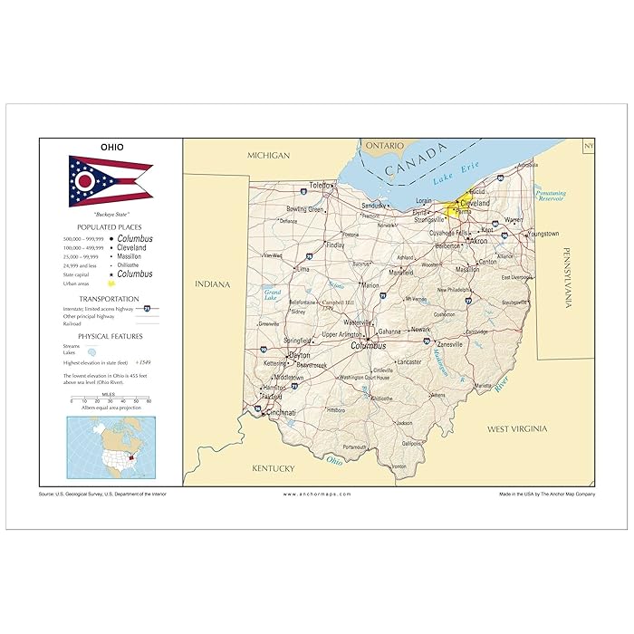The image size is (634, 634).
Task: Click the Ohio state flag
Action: [110, 181]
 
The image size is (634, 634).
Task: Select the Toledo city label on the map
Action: [320, 186]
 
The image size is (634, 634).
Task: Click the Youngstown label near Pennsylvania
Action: [543, 234]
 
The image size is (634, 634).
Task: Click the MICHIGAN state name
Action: [269, 156]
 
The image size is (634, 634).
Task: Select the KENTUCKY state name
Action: [273, 468]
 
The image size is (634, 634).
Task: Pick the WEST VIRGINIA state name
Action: [517, 427]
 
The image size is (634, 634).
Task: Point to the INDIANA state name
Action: [213, 284]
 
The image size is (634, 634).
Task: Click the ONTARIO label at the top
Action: [385, 145]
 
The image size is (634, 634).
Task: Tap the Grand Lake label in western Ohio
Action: [272, 293]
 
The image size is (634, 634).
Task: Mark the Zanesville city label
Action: [450, 344]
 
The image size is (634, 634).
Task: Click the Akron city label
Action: [476, 242]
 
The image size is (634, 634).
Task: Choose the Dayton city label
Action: [300, 355]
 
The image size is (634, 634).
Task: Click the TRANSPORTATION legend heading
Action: [109, 298]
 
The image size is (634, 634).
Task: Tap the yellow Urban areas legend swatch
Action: [110, 283]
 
